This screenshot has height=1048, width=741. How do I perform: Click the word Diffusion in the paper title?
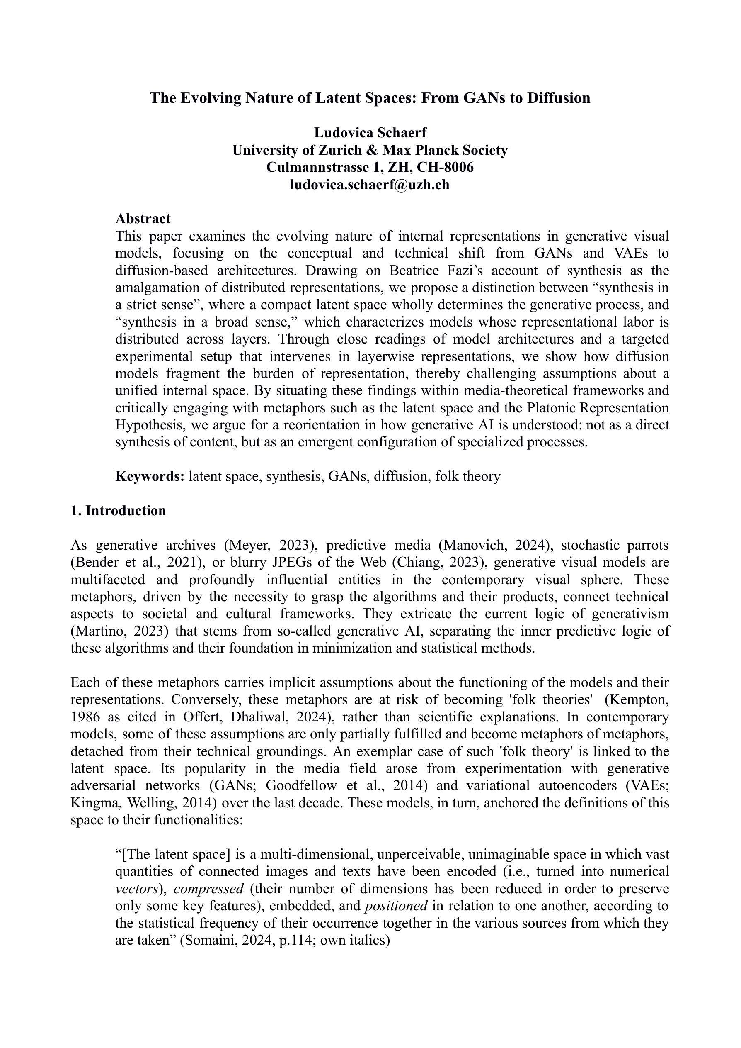pos(559,98)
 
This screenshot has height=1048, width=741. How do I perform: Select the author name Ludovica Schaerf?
pos(370,133)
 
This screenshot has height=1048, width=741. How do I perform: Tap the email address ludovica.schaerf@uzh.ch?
pos(370,185)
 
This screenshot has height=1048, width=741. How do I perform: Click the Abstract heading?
pos(143,219)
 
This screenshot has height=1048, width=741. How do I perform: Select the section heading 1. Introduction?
pos(118,511)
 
